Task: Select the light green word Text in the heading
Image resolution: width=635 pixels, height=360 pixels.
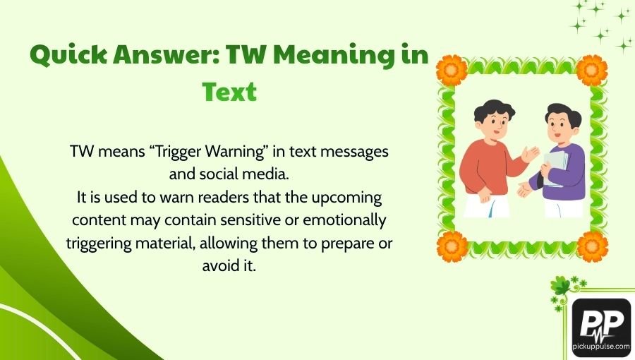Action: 229,92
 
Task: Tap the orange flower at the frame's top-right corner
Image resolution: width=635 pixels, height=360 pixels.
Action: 592,70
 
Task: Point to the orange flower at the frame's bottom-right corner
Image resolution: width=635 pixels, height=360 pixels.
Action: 592,246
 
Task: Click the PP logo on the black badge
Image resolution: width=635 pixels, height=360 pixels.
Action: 601,323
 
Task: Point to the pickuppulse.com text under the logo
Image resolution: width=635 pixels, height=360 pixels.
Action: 601,346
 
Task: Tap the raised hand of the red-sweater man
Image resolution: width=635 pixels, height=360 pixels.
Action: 529,153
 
